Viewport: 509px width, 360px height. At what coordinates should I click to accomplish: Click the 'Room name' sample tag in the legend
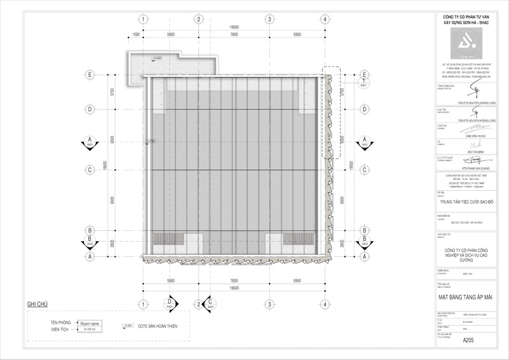click(x=90, y=324)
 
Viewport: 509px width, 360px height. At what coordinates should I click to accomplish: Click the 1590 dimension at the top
click(x=136, y=34)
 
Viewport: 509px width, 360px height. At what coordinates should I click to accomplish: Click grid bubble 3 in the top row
click(x=270, y=19)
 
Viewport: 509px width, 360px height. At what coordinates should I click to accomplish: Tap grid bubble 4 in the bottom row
click(x=325, y=305)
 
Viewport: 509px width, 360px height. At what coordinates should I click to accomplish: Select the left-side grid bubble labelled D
click(x=90, y=109)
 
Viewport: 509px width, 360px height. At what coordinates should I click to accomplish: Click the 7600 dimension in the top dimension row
click(x=234, y=34)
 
